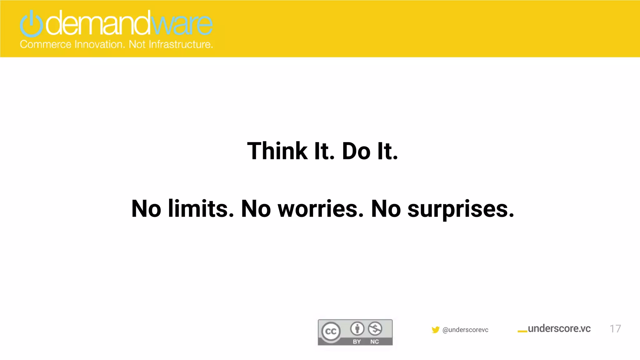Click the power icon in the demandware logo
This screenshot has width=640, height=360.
[x=31, y=24]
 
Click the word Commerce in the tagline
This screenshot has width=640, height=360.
[x=46, y=44]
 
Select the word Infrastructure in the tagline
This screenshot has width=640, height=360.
[x=181, y=44]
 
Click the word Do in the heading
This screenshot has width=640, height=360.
[x=356, y=151]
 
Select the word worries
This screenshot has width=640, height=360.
[x=321, y=209]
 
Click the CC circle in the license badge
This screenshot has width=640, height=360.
[x=331, y=331]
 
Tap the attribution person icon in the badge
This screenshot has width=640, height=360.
[x=357, y=328]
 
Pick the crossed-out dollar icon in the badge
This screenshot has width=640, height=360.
[x=375, y=328]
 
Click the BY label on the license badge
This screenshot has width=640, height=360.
[x=357, y=342]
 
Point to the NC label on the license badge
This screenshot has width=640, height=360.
[x=374, y=342]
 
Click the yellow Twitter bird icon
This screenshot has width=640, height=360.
[x=435, y=330]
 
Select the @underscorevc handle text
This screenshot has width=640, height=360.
[x=465, y=330]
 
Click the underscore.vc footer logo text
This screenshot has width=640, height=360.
[x=559, y=329]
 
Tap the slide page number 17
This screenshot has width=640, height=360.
[x=615, y=329]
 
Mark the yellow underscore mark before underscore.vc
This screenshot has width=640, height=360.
[x=522, y=332]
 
